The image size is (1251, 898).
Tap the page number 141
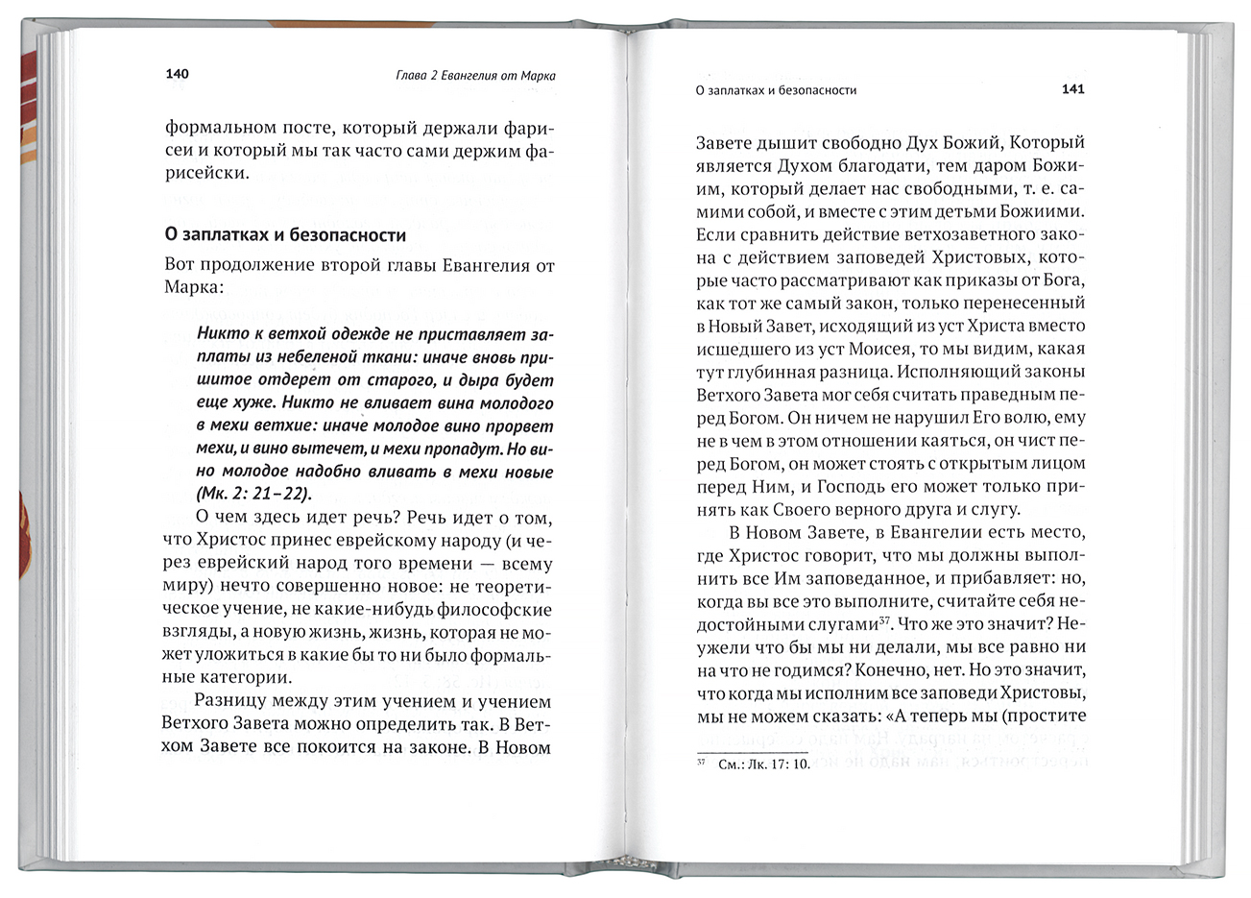[1072, 89]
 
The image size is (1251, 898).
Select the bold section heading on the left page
[285, 234]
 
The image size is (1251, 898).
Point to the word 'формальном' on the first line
[215, 128]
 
